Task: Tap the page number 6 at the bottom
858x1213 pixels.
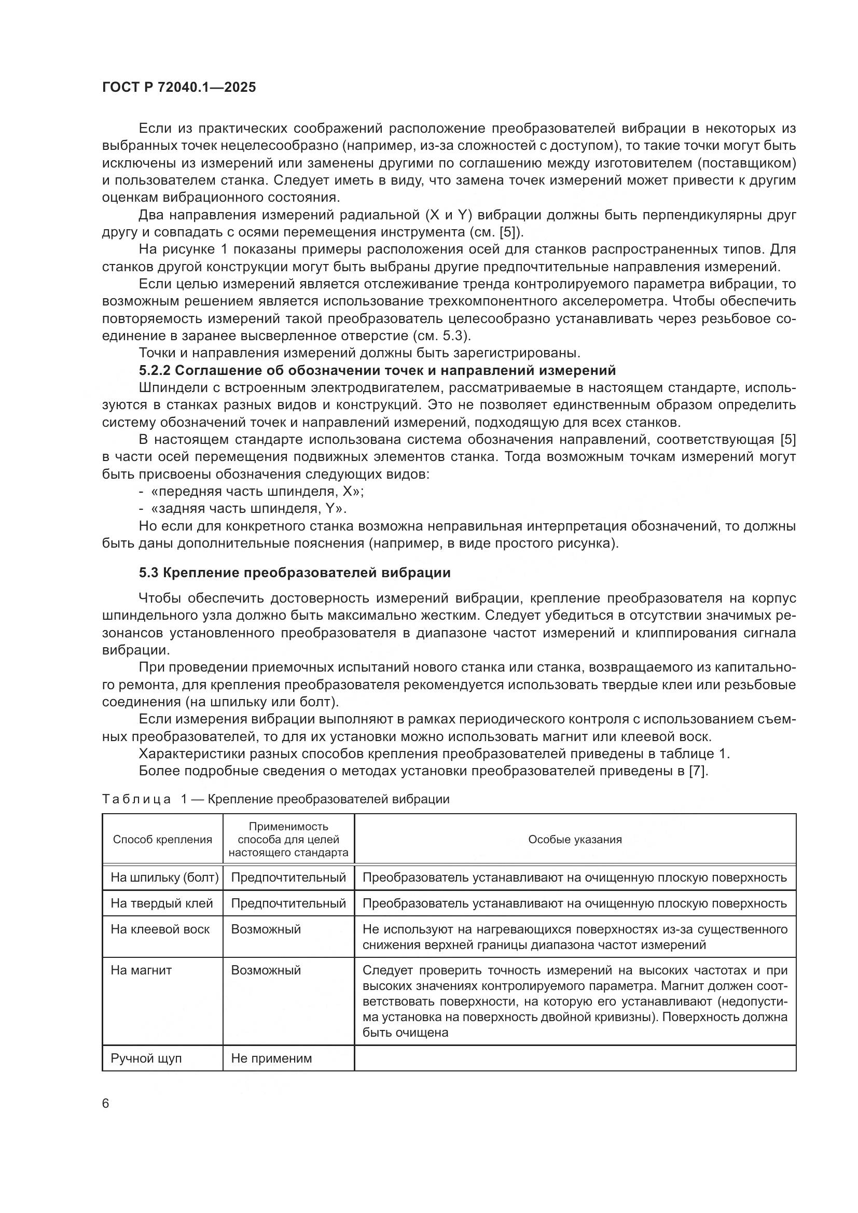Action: (106, 1104)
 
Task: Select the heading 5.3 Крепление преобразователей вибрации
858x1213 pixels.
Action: (294, 573)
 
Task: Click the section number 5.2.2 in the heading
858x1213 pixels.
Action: (154, 370)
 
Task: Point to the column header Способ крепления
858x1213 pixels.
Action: (162, 840)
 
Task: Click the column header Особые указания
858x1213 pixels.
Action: (575, 840)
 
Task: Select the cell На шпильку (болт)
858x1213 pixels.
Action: (164, 877)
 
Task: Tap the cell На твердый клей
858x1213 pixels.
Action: (162, 903)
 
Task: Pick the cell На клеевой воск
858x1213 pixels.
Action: (160, 929)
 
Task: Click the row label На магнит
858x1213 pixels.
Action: (141, 970)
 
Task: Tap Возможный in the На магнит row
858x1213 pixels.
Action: (266, 970)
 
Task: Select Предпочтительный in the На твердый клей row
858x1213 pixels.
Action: (288, 903)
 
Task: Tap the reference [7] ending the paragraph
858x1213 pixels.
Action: (698, 771)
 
